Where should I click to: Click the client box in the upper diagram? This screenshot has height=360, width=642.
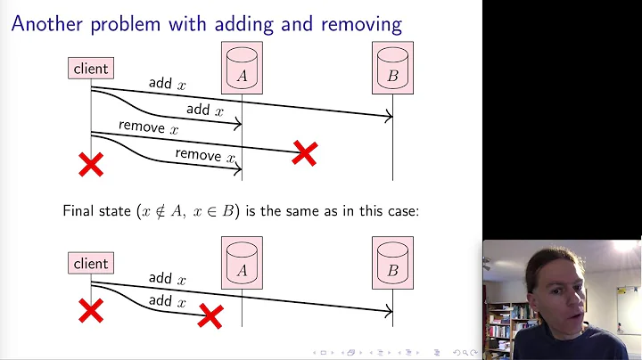(x=91, y=68)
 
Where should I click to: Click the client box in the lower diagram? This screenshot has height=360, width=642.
(x=91, y=263)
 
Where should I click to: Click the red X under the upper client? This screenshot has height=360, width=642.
(x=91, y=163)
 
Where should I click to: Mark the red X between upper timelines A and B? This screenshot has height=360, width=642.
(x=304, y=153)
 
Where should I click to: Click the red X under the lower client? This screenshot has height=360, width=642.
(x=91, y=310)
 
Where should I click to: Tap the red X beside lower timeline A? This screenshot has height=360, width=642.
(x=210, y=315)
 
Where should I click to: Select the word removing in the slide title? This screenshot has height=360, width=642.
(x=352, y=24)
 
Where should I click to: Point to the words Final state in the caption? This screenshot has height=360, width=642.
(x=95, y=211)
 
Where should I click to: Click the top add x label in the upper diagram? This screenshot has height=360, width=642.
(x=167, y=84)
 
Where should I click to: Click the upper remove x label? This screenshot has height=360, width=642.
(x=148, y=127)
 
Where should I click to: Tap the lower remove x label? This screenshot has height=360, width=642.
(x=204, y=155)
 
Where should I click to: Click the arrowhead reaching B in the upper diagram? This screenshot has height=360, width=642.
(x=389, y=116)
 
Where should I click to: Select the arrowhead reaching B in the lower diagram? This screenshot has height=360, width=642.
(x=389, y=311)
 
